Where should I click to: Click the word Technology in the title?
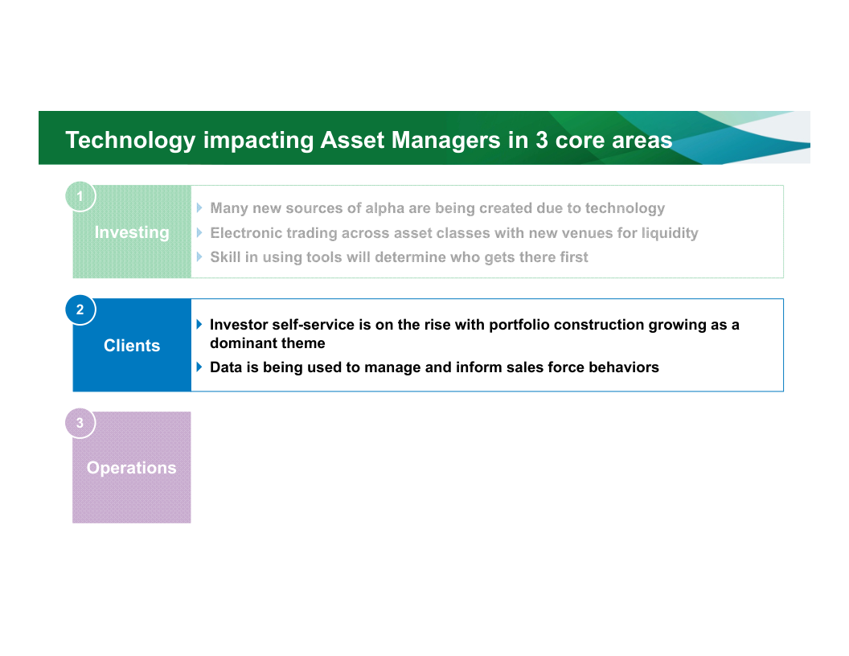[130, 141]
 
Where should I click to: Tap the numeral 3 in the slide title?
[541, 140]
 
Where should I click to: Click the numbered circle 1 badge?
[80, 196]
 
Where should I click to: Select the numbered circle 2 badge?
[80, 310]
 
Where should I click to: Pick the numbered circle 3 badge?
[80, 423]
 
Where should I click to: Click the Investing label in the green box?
[132, 233]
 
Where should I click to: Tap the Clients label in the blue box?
[132, 346]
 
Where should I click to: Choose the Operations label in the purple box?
[132, 468]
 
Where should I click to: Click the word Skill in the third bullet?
[225, 257]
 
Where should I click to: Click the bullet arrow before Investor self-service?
[199, 324]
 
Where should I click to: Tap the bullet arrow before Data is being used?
[199, 367]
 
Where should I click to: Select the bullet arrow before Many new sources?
[199, 208]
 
